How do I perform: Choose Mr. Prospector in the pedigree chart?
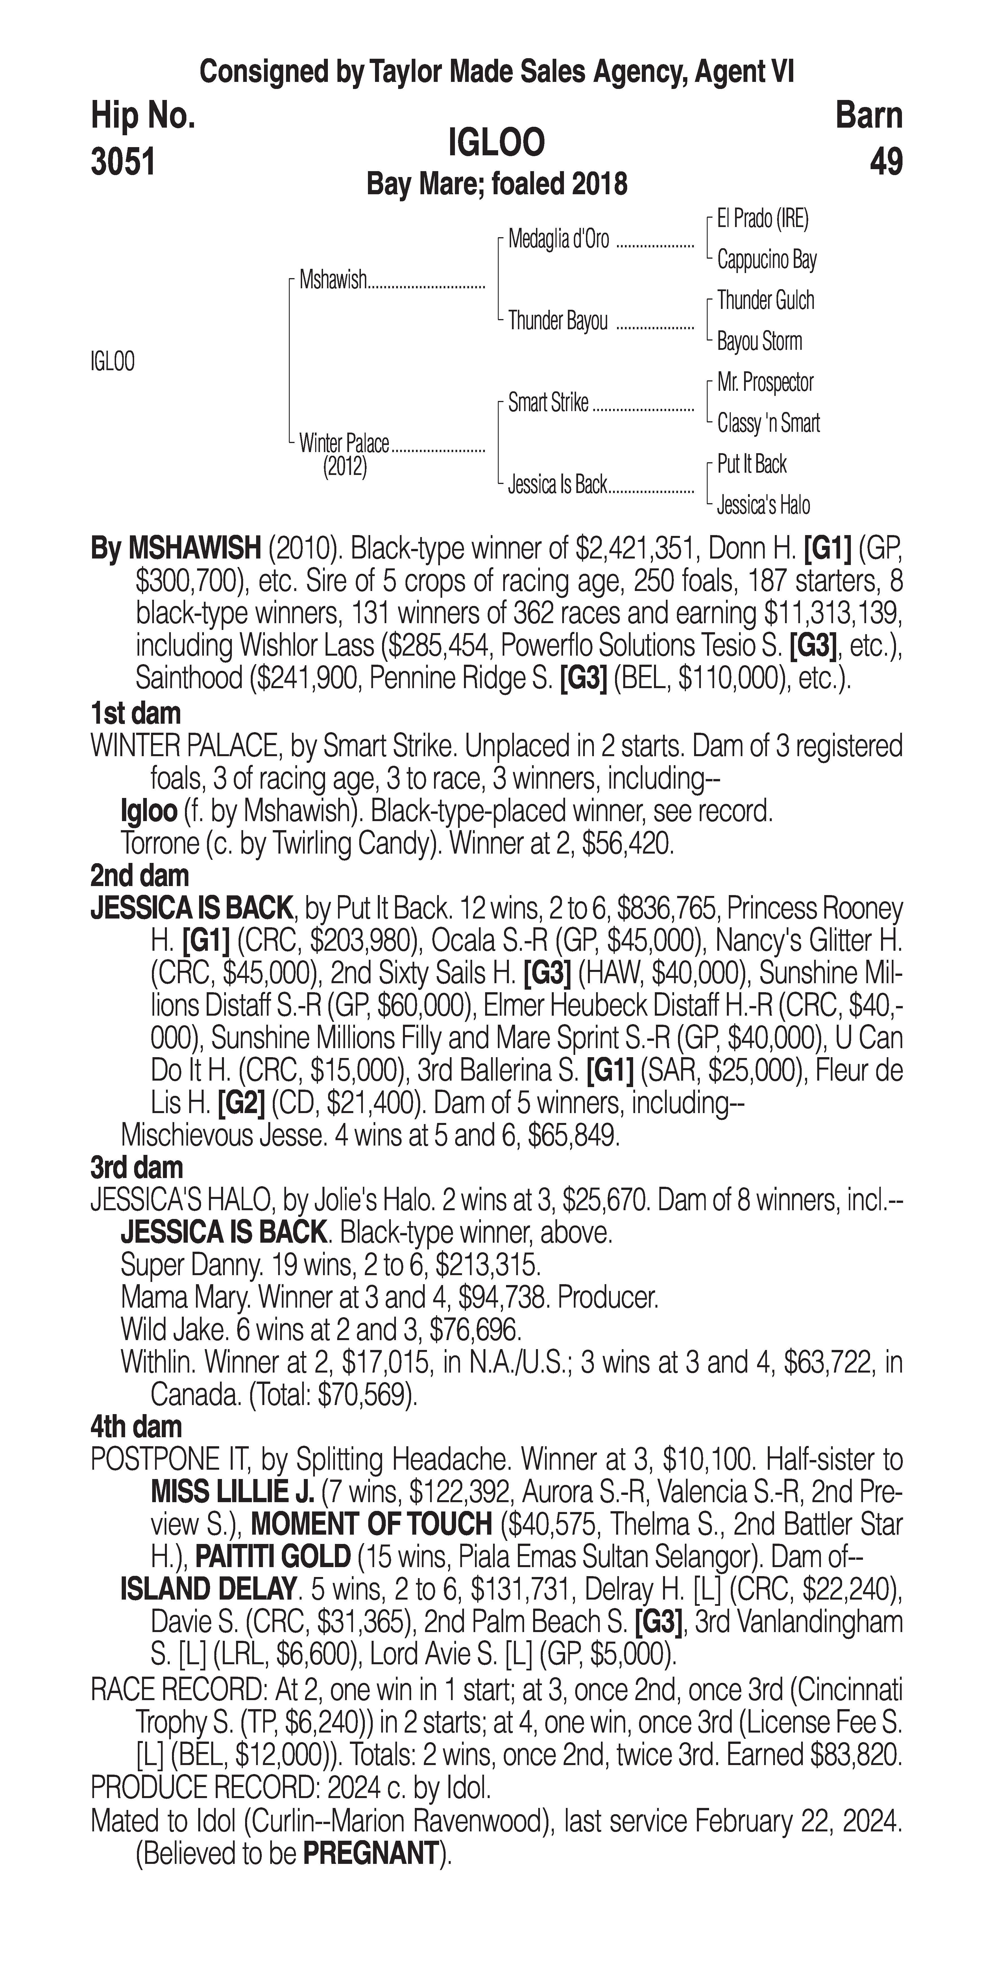coord(765,382)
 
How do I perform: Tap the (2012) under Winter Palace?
coord(345,468)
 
